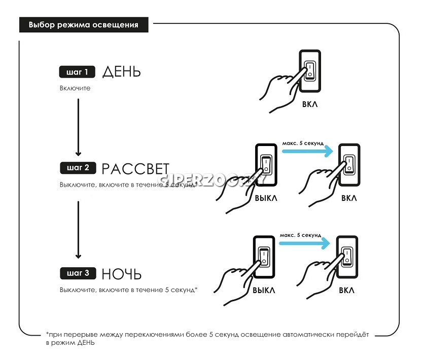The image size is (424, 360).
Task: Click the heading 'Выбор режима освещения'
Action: [84, 24]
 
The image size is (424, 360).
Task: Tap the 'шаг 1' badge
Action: [77, 72]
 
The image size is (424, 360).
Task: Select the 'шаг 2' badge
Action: [77, 167]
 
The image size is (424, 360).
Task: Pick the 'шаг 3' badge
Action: [77, 274]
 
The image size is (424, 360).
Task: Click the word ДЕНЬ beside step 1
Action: [121, 72]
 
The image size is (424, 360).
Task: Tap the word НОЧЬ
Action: [121, 274]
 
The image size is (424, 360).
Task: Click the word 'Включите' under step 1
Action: [75, 88]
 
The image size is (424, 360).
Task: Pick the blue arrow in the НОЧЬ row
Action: [304, 243]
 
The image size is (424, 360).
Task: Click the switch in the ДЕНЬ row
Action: [309, 70]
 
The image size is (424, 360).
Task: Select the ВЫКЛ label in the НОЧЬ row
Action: [264, 291]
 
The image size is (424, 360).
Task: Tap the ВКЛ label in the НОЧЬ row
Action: [347, 291]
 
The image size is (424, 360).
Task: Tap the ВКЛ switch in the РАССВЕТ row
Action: [349, 163]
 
